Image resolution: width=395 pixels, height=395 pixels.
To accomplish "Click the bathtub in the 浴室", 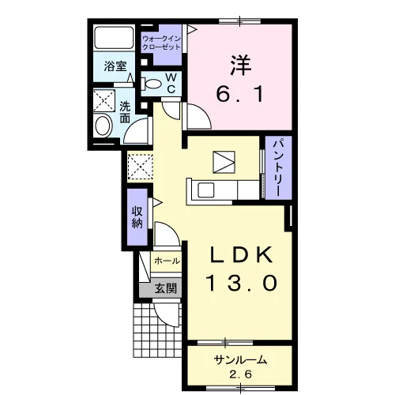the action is (x=114, y=37).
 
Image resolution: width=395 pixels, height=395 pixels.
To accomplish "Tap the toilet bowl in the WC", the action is (x=151, y=84).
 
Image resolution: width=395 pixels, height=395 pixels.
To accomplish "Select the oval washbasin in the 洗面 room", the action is (x=103, y=126).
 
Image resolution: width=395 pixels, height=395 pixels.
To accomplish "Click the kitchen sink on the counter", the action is (x=205, y=190).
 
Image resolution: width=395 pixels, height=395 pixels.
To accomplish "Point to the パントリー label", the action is (x=279, y=167).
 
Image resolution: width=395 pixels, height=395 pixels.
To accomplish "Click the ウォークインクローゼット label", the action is (x=161, y=43).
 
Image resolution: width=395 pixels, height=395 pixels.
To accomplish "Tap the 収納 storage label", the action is (x=137, y=217).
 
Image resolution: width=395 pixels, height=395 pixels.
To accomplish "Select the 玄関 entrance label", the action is (x=165, y=288).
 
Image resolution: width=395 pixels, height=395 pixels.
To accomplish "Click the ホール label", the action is (x=167, y=261).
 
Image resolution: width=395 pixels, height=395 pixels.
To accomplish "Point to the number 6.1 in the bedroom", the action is (x=239, y=95).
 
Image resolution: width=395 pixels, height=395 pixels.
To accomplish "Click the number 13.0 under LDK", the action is (x=243, y=283).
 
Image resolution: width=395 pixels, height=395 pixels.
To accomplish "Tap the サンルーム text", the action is (x=240, y=359).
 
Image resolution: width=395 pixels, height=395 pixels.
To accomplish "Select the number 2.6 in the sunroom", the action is (x=240, y=374).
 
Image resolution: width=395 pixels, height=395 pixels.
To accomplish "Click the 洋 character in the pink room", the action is (x=241, y=65).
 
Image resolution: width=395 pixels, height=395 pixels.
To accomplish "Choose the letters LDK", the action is (x=241, y=255).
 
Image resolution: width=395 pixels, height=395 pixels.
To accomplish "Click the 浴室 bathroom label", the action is (x=115, y=66).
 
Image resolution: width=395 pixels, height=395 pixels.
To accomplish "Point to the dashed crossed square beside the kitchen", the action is (x=140, y=167).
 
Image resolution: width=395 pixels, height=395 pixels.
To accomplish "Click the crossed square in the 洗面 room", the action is (x=104, y=100).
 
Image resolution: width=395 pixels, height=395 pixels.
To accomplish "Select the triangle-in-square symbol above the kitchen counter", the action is (x=224, y=162).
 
